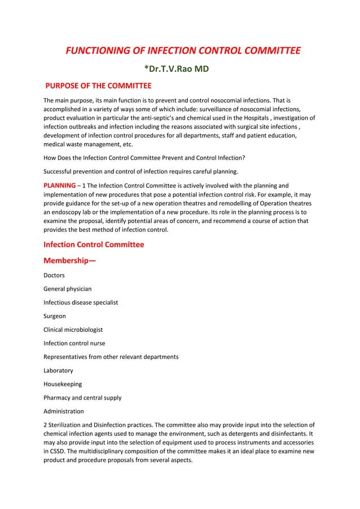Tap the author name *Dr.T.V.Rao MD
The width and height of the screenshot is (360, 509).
(179, 69)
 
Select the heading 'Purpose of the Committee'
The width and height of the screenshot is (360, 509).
(98, 86)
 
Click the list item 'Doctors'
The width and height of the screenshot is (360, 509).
(54, 275)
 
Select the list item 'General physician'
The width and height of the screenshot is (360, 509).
(68, 289)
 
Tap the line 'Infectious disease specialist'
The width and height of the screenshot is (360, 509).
(81, 302)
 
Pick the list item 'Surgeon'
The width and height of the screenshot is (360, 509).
(55, 316)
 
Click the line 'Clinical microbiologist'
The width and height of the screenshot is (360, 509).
(73, 330)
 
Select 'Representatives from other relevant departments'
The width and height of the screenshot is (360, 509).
(111, 357)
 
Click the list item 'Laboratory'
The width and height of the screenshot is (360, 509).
(58, 371)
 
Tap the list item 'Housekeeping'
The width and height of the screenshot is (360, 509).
(63, 384)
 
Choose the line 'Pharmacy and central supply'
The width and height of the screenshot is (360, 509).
(82, 398)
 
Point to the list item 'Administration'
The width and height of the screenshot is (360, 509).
(64, 411)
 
